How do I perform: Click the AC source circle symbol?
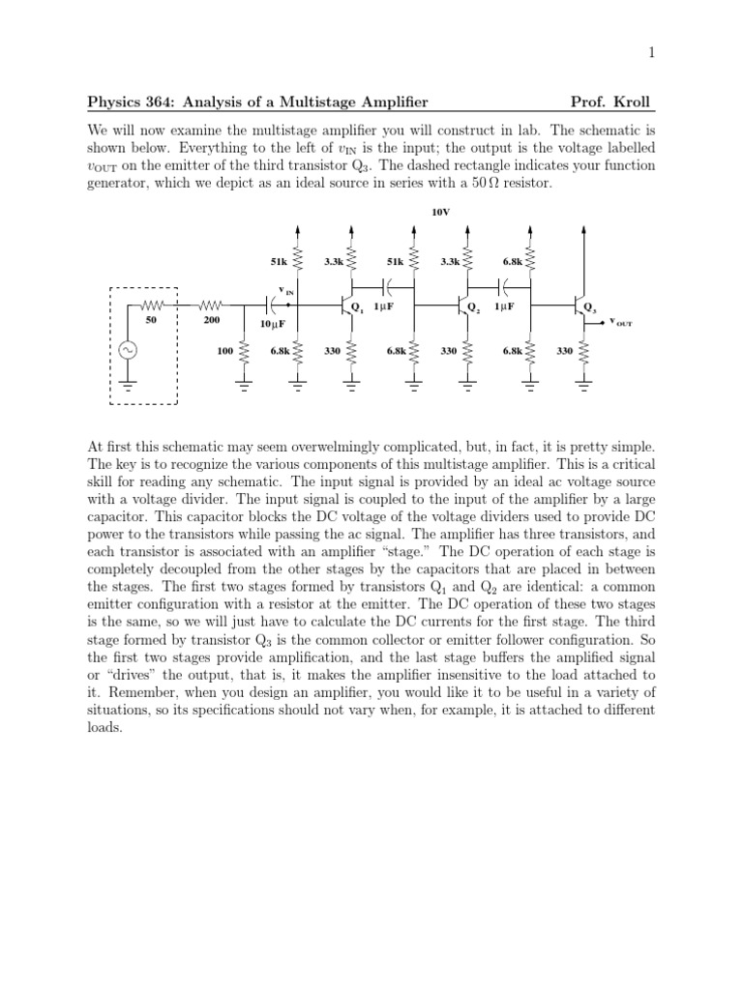click(x=126, y=350)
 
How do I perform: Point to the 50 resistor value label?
click(x=151, y=318)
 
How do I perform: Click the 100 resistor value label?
click(x=225, y=351)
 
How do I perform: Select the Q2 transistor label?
click(x=473, y=307)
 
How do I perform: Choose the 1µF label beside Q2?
click(x=504, y=306)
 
